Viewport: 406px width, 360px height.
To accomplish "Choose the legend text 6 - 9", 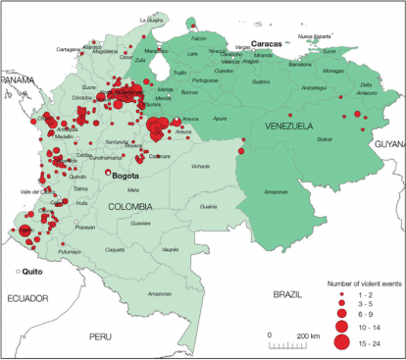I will click(369, 313).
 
